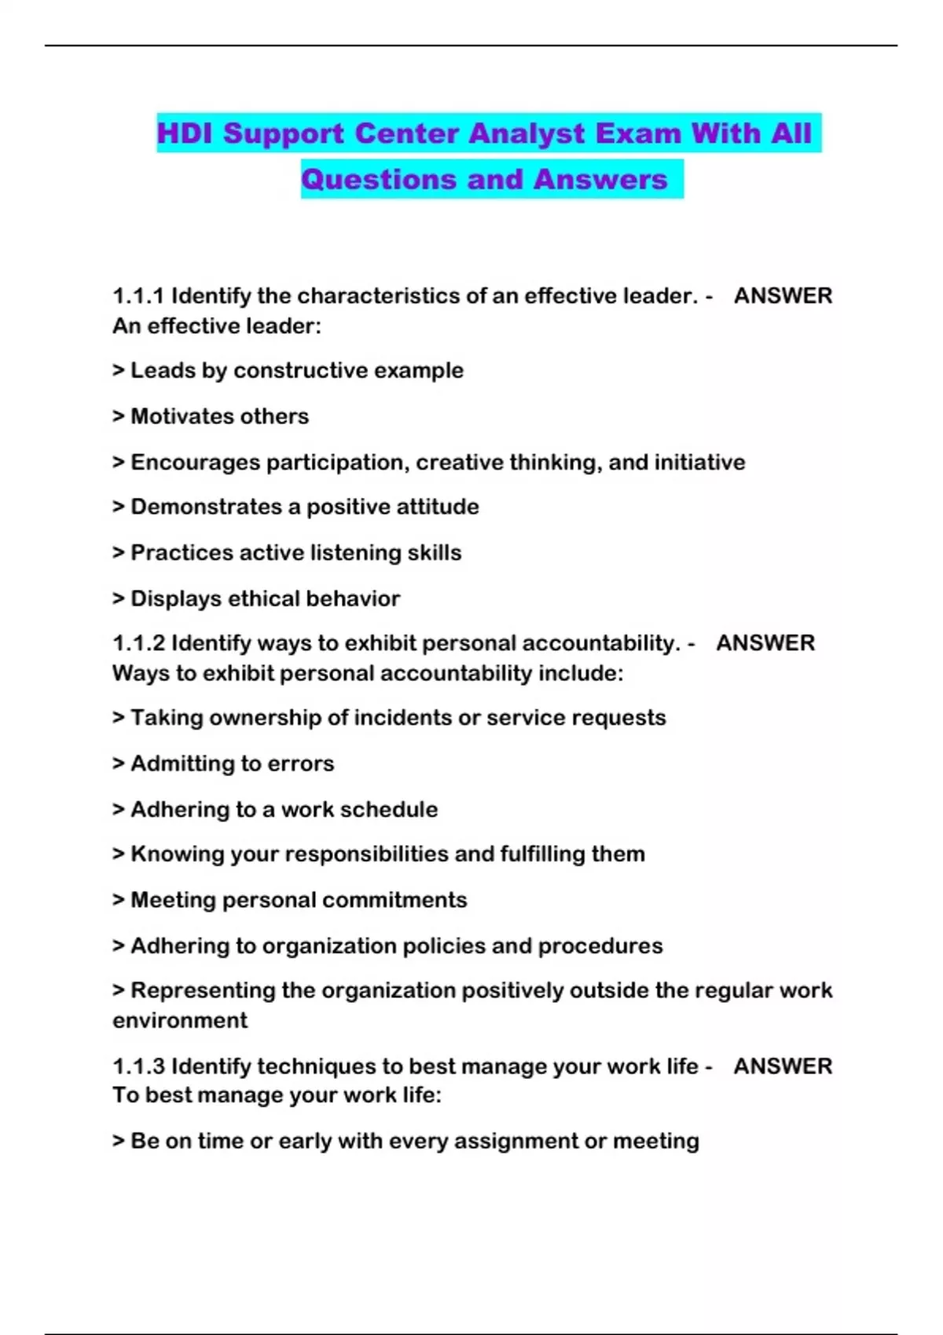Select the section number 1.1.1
point(138,296)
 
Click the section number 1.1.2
point(138,643)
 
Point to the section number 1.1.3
point(138,1066)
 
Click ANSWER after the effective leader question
point(783,296)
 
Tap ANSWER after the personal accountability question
point(765,643)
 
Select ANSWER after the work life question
point(783,1066)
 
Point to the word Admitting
point(185,764)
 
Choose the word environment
point(180,1021)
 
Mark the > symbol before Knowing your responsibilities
point(119,854)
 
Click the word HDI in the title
point(185,133)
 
